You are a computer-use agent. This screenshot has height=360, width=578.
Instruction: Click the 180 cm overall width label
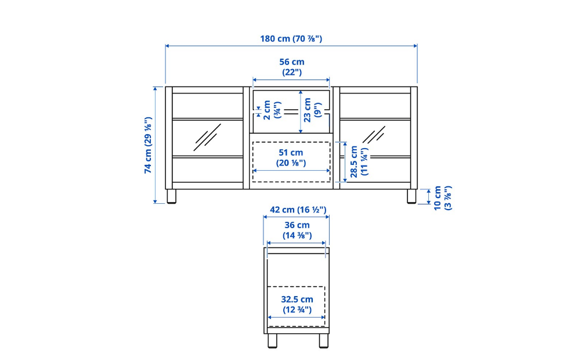pos(291,39)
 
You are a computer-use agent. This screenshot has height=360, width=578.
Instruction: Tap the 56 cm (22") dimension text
pos(291,67)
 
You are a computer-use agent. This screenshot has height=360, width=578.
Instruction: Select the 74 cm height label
pos(148,145)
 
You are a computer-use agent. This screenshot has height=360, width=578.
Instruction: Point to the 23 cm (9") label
pos(312,110)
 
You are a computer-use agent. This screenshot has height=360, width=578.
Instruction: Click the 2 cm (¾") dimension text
pos(272,110)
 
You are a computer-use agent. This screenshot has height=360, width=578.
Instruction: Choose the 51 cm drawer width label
pos(291,157)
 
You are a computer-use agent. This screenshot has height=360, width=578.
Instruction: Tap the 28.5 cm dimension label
pos(359,161)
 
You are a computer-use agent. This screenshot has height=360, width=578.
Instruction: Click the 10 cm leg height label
pos(442,198)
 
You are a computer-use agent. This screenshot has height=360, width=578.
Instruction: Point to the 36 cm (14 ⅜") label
pos(297,230)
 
